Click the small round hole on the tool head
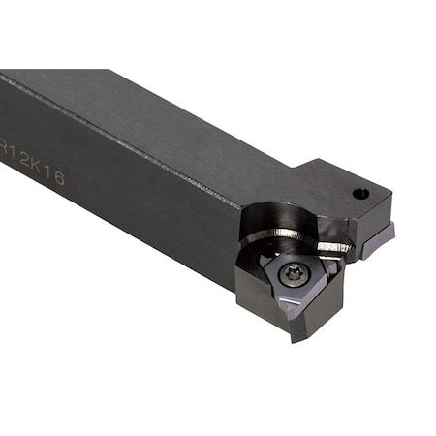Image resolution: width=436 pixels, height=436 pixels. (360, 193)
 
